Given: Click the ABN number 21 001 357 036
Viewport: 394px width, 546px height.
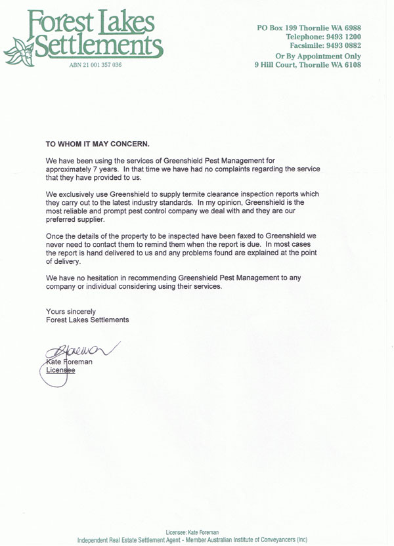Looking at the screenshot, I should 95,65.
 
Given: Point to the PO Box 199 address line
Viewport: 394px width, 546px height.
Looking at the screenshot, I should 309,28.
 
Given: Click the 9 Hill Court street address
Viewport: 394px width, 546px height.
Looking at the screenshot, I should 307,65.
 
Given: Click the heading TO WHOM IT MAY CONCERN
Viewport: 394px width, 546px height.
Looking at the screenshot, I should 97,143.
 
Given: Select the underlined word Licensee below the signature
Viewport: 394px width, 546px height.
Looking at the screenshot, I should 60,370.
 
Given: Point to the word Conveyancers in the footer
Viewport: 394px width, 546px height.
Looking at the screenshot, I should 271,540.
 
